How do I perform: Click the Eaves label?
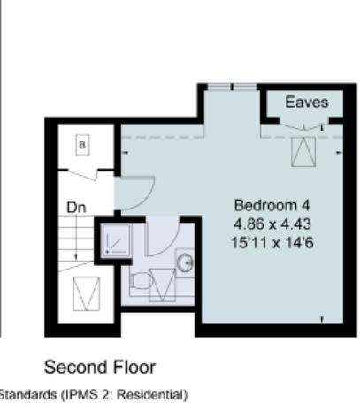(307, 103)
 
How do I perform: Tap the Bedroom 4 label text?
(272, 205)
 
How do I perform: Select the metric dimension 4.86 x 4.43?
(272, 224)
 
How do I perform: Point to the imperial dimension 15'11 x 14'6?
(272, 243)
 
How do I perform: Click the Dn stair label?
(76, 208)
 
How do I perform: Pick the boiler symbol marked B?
(82, 145)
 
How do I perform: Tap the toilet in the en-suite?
(141, 280)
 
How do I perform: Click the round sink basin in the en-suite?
(185, 262)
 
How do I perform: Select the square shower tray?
(115, 241)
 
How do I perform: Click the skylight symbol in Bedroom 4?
(303, 152)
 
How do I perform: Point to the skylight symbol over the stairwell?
(87, 293)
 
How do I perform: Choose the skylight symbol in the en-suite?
(163, 285)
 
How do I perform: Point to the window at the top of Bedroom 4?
(232, 87)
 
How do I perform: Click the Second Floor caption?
(100, 368)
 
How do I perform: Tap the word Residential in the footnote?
(152, 395)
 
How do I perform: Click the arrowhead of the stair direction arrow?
(76, 257)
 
